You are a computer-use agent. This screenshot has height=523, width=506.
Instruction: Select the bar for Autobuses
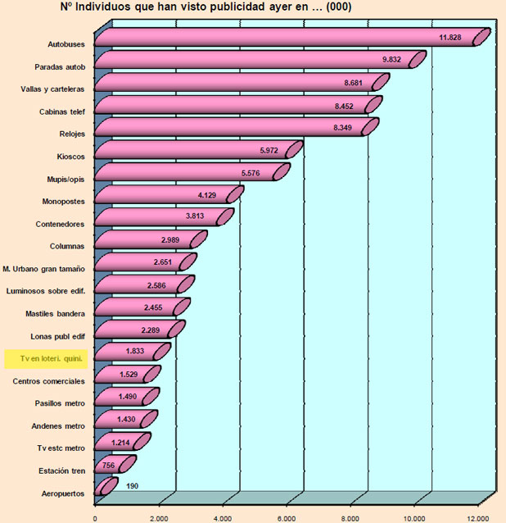(x=287, y=38)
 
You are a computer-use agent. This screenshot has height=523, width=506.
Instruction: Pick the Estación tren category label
(x=63, y=471)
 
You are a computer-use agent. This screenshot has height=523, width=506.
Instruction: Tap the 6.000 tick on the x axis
(x=287, y=516)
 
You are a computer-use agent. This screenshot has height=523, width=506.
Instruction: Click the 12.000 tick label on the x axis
(x=477, y=516)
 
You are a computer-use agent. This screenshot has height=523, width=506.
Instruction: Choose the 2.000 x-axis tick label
(x=159, y=516)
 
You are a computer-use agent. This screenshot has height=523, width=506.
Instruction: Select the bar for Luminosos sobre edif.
(x=139, y=287)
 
